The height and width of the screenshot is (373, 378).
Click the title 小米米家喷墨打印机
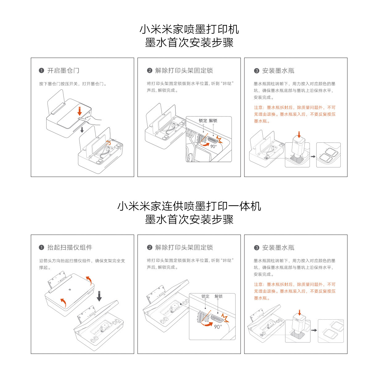[189, 29]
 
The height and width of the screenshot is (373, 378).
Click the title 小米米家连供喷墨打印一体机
[189, 206]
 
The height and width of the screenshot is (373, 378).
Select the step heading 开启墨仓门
[63, 71]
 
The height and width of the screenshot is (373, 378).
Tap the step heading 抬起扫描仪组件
[70, 248]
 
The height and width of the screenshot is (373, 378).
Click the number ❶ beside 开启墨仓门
[41, 71]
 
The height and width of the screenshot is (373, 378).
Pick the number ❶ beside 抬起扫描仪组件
[41, 248]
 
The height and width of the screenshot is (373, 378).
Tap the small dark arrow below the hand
[82, 130]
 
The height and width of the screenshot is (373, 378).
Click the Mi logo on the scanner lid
[69, 289]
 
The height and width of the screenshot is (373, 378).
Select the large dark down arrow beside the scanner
[99, 296]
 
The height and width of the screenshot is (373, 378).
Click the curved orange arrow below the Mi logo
[63, 302]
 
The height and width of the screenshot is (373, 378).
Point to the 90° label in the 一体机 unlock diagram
[218, 326]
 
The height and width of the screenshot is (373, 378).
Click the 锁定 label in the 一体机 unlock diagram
[205, 296]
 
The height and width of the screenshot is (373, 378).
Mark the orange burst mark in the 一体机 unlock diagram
[225, 318]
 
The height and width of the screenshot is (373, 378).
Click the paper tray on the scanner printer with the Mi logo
[57, 281]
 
